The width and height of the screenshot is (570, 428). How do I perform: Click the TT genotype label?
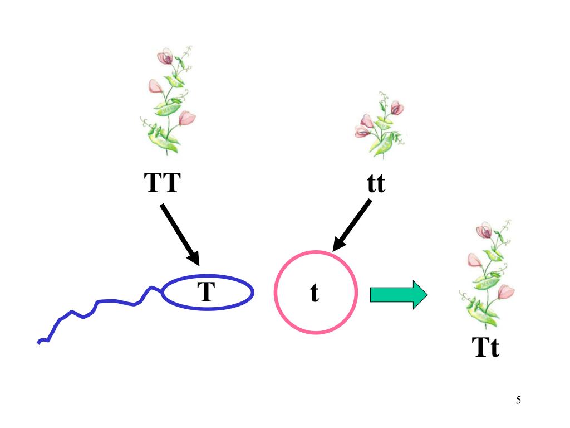point(163,182)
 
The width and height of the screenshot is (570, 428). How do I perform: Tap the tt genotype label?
point(376,183)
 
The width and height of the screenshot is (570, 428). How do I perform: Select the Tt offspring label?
point(486,348)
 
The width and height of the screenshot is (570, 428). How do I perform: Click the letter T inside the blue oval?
point(206,292)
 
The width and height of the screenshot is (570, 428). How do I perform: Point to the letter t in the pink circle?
point(315,293)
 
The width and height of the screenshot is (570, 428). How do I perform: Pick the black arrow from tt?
point(352,226)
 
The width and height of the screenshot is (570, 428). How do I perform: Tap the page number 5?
point(518,400)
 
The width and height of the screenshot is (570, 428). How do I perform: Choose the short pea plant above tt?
point(380,125)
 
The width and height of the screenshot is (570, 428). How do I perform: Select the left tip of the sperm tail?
point(38,342)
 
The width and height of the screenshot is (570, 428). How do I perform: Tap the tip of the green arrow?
point(426,294)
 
